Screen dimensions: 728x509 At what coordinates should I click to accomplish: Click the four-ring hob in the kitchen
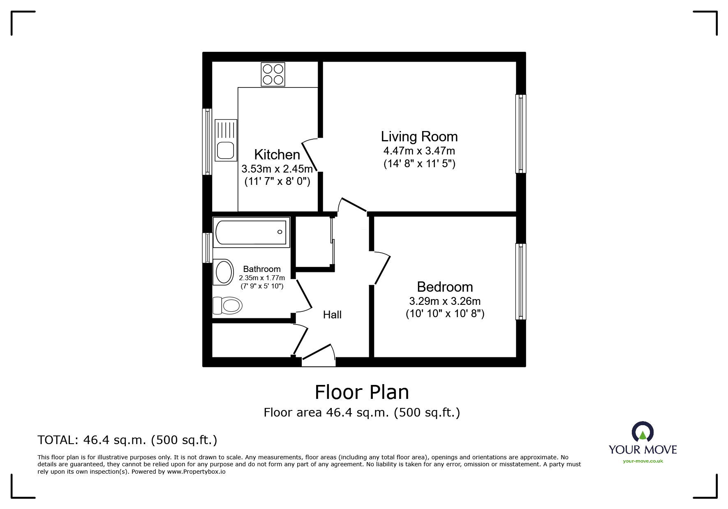point(273,74)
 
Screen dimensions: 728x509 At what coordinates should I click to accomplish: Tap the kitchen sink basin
point(226,150)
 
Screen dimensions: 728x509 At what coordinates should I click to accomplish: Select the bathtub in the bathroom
point(251,232)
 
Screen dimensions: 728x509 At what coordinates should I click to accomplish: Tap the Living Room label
point(419,136)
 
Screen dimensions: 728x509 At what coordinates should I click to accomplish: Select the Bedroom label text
point(445,287)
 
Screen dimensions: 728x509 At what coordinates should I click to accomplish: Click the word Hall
point(332,315)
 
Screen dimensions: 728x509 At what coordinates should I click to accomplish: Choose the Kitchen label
point(277,154)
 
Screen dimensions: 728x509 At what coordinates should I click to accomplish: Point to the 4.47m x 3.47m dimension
point(419,151)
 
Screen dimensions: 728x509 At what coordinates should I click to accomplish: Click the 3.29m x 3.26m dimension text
point(445,301)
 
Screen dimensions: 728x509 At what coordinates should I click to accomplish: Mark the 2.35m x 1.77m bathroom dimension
point(262,278)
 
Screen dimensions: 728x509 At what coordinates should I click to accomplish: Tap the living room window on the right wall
point(521,134)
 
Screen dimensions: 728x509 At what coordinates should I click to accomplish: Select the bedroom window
point(521,281)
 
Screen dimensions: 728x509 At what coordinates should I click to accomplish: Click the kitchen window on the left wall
point(207,142)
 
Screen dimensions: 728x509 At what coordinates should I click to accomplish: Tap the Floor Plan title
point(362,392)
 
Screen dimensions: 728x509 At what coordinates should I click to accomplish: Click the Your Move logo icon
point(642,432)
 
